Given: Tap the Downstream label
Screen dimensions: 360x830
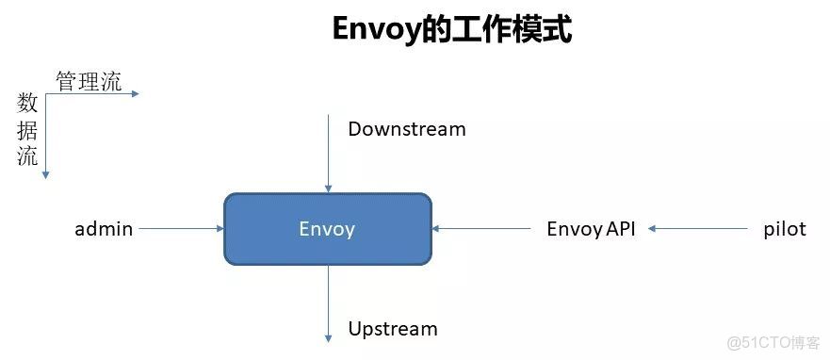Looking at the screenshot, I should point(407,129).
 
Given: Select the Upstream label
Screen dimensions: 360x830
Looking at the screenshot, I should point(393,329).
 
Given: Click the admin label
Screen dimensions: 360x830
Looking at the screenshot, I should point(104,228).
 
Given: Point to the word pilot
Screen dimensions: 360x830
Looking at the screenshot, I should point(784,228).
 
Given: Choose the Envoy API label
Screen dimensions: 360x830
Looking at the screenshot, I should point(591,228).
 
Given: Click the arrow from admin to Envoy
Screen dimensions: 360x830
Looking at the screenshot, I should point(180,228).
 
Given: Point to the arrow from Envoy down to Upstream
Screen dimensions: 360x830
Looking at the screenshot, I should point(328,303).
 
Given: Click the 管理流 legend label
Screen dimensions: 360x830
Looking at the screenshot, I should point(89,81).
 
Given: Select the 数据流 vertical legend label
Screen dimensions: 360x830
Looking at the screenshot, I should point(28,130).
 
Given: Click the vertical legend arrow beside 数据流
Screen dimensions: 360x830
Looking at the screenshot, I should point(45,136).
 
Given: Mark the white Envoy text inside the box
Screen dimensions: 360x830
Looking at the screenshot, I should point(327,228).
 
